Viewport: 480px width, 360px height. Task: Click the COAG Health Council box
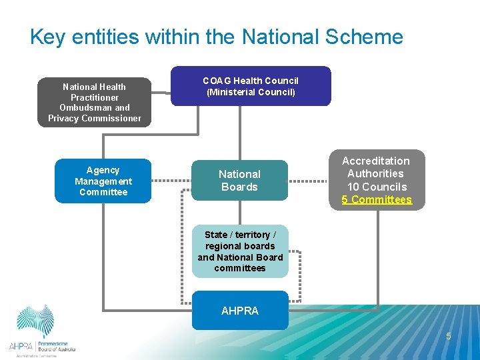point(251,86)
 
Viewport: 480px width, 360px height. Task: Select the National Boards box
point(239,180)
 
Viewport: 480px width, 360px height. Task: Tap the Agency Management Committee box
point(103,181)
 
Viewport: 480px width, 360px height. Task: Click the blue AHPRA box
point(240,311)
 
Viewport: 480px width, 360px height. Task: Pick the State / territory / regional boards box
point(240,251)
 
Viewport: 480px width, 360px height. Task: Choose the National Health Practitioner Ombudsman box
point(94,102)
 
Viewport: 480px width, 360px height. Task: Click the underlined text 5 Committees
point(377,200)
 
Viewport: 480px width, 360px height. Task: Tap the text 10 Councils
point(377,187)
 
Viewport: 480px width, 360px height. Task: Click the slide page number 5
point(449,336)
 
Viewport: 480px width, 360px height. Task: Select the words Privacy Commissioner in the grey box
point(95,119)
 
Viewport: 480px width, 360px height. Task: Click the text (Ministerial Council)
point(251,93)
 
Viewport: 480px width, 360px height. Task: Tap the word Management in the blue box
point(103,181)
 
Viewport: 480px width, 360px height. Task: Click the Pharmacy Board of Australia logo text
point(56,347)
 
